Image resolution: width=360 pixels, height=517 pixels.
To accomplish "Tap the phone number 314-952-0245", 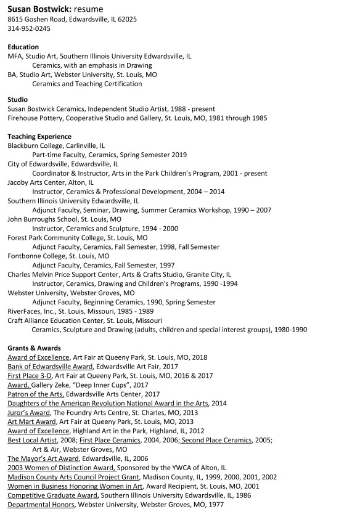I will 29,28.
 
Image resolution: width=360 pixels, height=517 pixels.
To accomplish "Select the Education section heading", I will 23,47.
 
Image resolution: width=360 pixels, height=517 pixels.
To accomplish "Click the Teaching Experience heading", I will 39,136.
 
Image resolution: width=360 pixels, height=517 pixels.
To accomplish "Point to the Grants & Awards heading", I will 34,348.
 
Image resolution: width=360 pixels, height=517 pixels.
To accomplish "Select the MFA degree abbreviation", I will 14,56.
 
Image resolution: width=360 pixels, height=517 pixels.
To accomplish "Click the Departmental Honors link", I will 41,505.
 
